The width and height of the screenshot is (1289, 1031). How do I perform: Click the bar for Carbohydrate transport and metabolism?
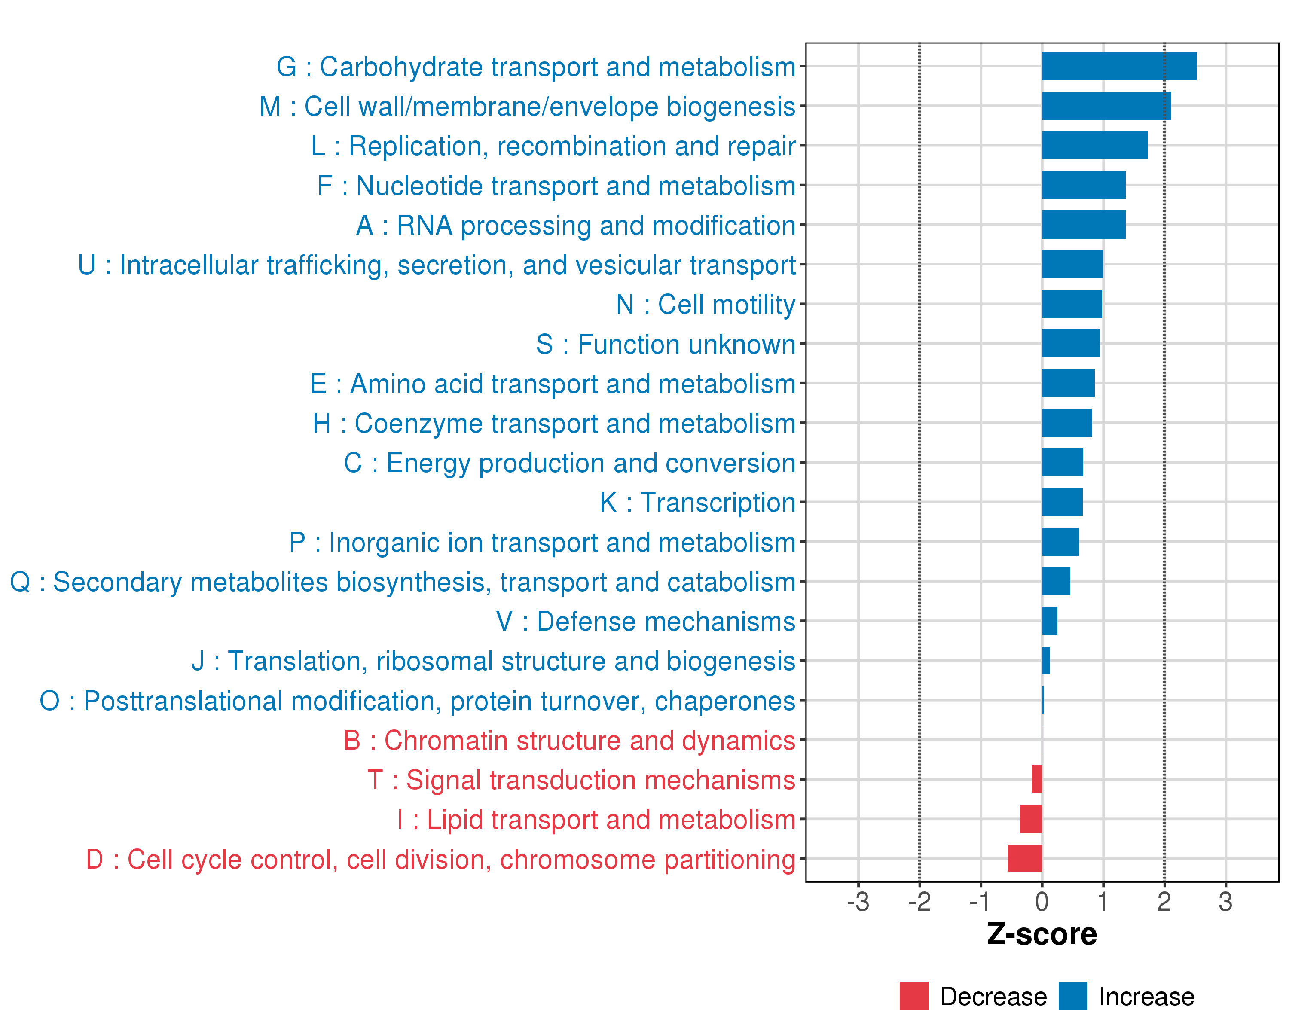point(1118,66)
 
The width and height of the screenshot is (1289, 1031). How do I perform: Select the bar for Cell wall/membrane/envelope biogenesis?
point(1106,106)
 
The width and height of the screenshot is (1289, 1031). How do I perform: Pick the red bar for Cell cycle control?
point(1025,858)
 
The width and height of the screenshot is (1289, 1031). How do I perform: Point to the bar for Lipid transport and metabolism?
point(1031,819)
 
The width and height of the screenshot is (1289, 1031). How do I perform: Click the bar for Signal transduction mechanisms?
point(1037,779)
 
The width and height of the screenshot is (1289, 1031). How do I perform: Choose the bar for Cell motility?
point(1072,304)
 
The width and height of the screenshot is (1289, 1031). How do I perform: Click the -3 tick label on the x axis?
point(858,901)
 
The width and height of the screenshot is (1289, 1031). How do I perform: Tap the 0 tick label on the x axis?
point(1042,901)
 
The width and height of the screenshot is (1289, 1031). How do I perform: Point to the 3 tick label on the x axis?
point(1225,901)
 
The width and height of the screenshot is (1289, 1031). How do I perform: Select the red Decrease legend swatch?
point(913,996)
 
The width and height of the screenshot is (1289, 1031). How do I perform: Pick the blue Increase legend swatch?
point(1072,996)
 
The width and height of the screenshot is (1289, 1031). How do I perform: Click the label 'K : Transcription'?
point(697,503)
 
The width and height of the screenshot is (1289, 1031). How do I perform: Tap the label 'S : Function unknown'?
point(666,344)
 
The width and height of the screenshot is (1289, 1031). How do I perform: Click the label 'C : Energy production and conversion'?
point(569,463)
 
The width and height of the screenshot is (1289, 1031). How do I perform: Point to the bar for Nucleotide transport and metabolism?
point(1083,185)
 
